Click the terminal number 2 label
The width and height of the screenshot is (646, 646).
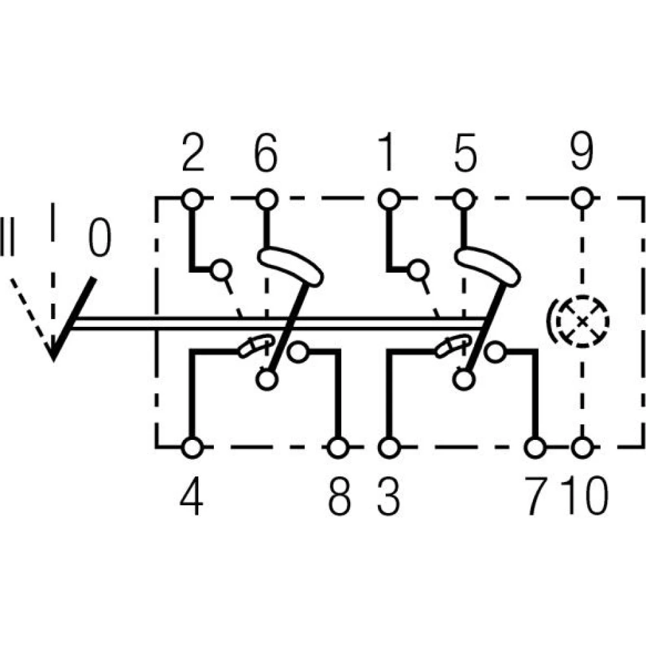193,152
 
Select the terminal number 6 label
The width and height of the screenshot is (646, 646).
266,152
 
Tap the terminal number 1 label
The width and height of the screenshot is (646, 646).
386,152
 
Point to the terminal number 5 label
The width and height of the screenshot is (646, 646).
465,152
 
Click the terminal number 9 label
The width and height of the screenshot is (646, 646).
582,152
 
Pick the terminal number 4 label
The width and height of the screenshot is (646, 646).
192,495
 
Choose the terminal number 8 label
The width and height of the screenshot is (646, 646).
340,495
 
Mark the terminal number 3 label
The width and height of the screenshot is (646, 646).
388,495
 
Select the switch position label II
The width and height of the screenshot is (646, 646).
7,236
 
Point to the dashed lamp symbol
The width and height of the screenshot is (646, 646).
581,321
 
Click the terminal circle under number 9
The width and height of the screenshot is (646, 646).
582,199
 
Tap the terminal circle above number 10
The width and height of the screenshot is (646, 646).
582,448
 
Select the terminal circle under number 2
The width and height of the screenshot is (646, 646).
193,200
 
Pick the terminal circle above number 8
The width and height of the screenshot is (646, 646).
339,448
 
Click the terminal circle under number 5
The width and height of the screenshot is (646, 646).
464,200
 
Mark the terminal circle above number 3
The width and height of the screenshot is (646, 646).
389,448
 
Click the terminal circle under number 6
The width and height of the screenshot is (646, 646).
267,200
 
